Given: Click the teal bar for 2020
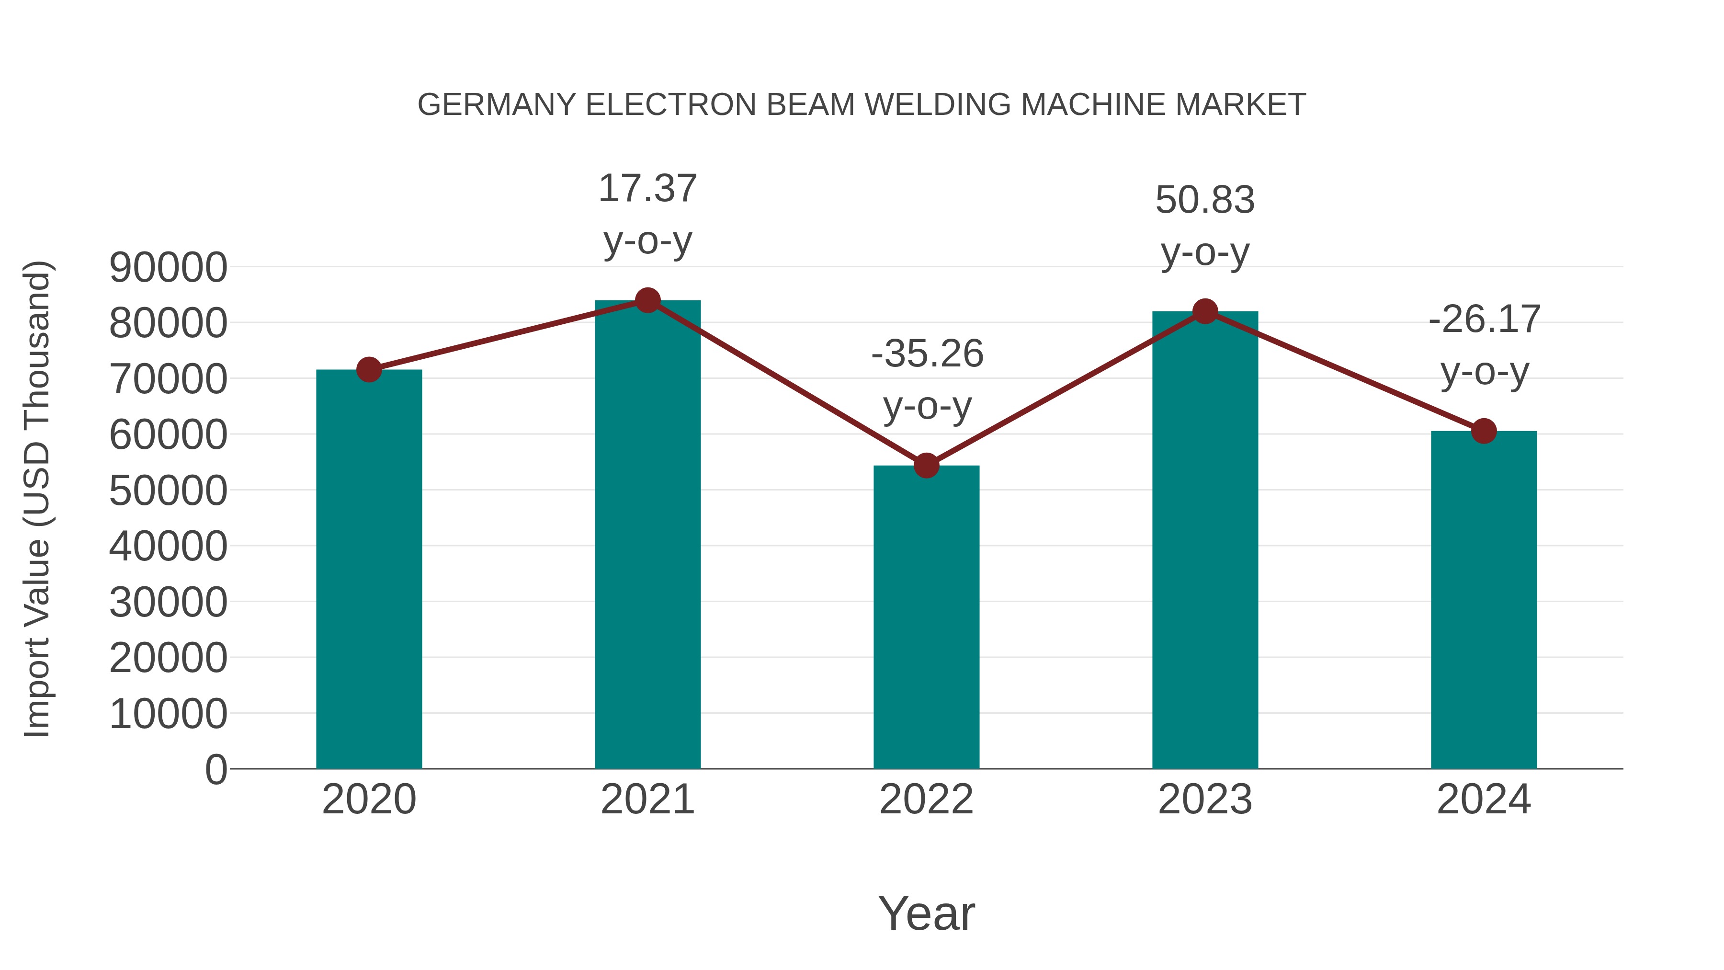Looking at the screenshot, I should (369, 569).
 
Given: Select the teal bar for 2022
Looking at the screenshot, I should (926, 616).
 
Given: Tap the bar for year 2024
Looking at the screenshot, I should (1484, 599).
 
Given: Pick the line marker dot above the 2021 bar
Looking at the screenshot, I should (647, 300).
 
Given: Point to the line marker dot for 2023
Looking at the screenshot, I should (1205, 311).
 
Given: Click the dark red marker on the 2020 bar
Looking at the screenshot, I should (369, 369).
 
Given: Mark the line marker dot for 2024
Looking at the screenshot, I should (1484, 431).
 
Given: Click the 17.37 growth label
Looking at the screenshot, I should (647, 189).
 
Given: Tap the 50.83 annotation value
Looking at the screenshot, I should (1205, 200).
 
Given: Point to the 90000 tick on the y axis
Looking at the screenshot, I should (168, 268).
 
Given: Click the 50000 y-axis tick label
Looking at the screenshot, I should (168, 491).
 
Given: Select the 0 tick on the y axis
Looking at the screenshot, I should (216, 769).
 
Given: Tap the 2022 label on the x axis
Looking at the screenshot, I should (926, 799).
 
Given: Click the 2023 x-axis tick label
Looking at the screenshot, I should (1205, 799).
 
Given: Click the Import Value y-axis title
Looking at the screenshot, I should (37, 499).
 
